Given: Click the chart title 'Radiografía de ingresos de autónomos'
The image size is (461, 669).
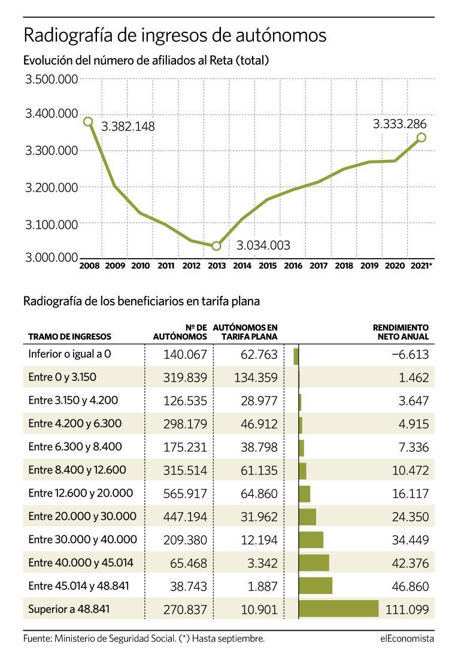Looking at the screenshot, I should coord(175,36).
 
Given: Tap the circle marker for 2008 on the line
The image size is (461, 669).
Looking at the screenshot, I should coord(89,122).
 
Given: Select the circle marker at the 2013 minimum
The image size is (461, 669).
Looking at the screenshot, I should coord(216,246).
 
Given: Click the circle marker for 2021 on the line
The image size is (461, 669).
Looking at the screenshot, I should coord(421,138).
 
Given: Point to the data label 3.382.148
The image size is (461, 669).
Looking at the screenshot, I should coord(128,127).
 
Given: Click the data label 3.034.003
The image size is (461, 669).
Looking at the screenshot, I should coord(263,246).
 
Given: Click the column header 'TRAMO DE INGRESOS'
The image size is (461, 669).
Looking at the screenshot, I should coord(69,337).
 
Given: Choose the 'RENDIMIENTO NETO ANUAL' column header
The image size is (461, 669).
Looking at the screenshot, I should coord(401,332).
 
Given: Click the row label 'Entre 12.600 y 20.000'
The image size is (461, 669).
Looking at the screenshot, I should coord(81,493).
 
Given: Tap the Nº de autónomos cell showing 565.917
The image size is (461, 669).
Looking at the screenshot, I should coord(184,494).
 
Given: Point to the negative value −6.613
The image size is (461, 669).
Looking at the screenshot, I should coord(410,355).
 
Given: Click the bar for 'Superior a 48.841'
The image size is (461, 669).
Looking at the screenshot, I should coord(338,609).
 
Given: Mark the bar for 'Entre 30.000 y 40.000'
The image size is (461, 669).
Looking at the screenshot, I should coord(311,540).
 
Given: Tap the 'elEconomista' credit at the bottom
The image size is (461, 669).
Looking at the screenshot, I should coord(407,639).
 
